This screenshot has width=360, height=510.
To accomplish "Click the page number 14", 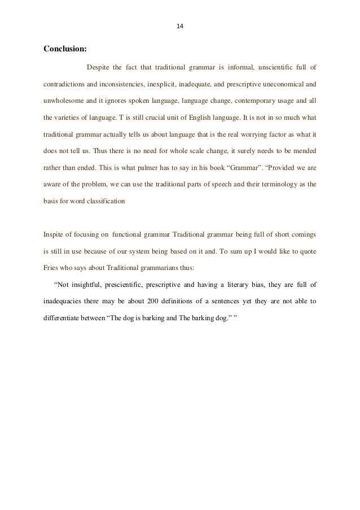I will (181, 26).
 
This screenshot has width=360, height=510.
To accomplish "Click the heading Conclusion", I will (65, 49).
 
